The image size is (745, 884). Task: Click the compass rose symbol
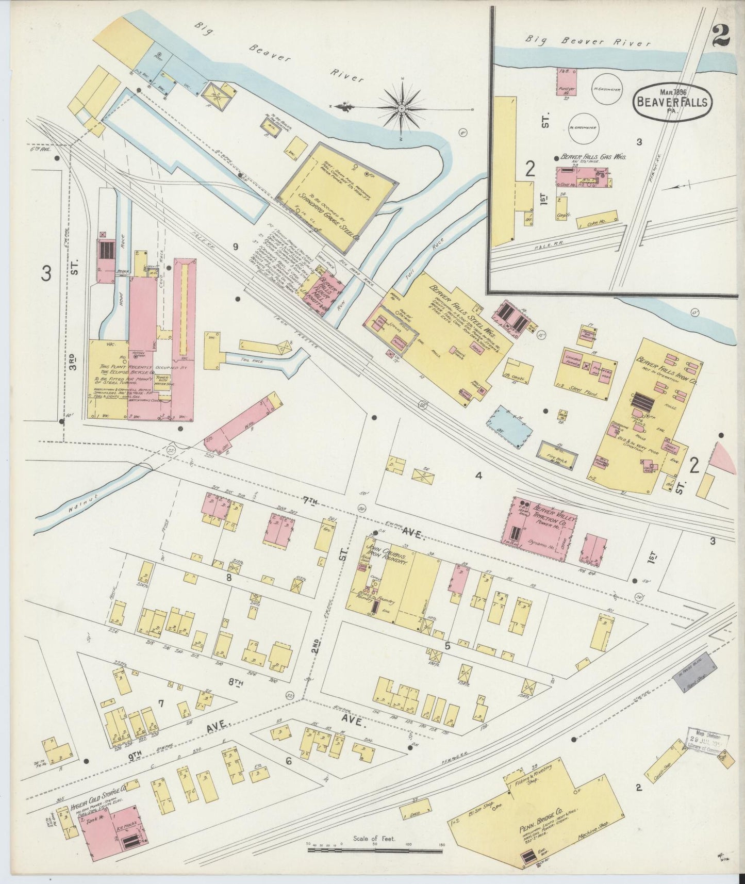(x=402, y=108)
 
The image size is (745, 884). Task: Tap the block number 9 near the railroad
(x=235, y=247)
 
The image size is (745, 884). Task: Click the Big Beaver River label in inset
(x=588, y=40)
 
